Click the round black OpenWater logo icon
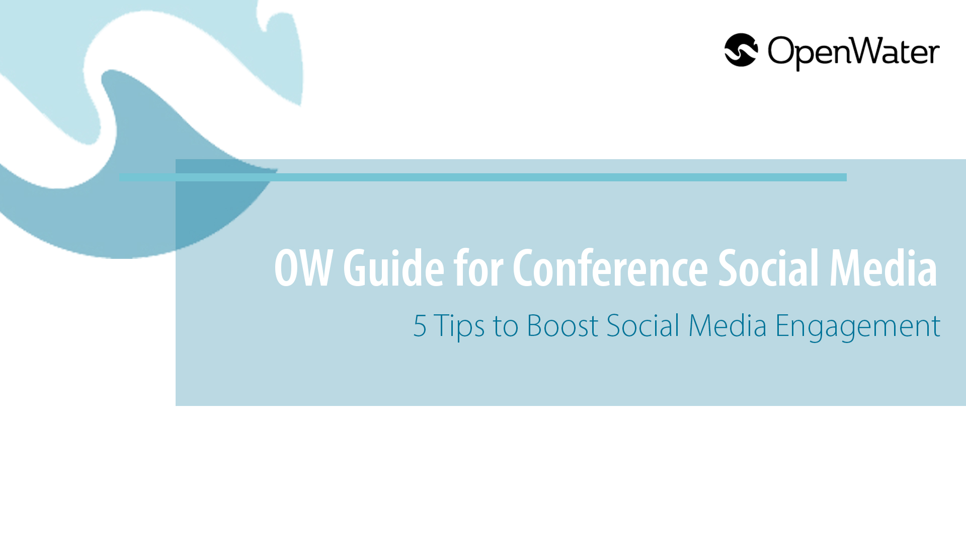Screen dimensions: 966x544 (741, 50)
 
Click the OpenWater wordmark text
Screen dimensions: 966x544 (853, 53)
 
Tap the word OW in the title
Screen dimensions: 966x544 (303, 268)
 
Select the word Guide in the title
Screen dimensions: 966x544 (393, 267)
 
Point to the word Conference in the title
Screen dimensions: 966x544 (610, 267)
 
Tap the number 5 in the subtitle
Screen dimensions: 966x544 (420, 326)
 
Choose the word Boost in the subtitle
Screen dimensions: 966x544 (562, 326)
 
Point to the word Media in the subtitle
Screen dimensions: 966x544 (728, 325)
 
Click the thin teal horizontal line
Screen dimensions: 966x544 (483, 177)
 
